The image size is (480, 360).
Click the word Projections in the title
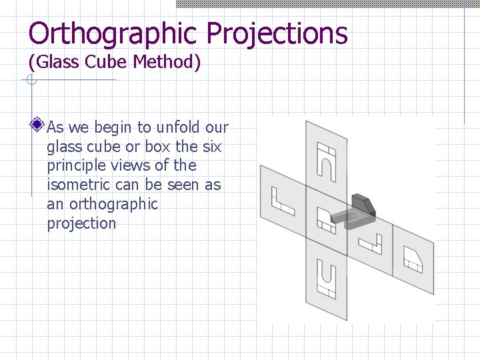(277, 33)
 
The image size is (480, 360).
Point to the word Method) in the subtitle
(167, 63)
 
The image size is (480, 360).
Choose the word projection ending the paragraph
(81, 223)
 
